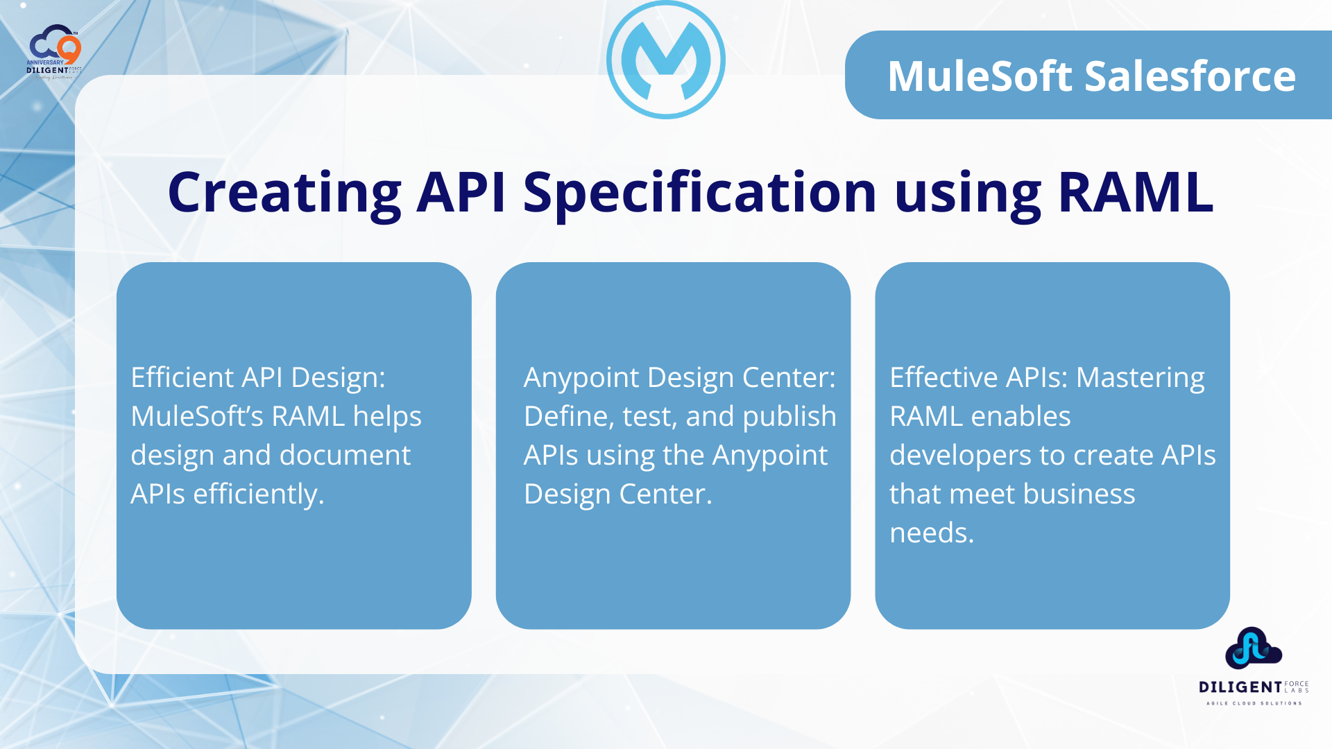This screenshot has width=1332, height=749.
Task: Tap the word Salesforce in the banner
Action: click(1190, 76)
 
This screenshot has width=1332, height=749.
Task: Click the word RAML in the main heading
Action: click(1136, 192)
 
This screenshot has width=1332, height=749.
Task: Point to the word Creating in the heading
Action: click(284, 193)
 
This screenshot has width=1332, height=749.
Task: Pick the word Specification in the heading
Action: click(700, 193)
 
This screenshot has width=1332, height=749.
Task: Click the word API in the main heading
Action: click(461, 192)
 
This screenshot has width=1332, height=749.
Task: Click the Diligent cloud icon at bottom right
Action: click(1253, 648)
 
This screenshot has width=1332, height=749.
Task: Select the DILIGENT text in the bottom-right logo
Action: click(1240, 687)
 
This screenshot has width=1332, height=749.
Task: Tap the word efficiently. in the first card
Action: click(259, 494)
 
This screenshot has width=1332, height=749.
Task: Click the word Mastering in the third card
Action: click(1141, 379)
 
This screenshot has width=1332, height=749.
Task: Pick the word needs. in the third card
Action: click(932, 533)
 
